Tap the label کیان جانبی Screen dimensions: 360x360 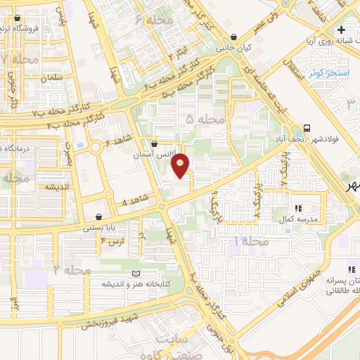pyautogui.click(x=234, y=49)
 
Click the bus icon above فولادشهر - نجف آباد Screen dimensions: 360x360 pyautogui.click(x=306, y=129)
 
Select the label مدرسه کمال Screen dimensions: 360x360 pyautogui.click(x=298, y=219)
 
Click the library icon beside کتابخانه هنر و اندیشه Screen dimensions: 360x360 pyautogui.click(x=136, y=273)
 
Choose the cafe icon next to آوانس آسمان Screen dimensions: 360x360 pyautogui.click(x=154, y=143)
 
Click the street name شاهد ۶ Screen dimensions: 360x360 pyautogui.click(x=118, y=141)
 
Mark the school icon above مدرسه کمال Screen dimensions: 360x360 pyautogui.click(x=298, y=208)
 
